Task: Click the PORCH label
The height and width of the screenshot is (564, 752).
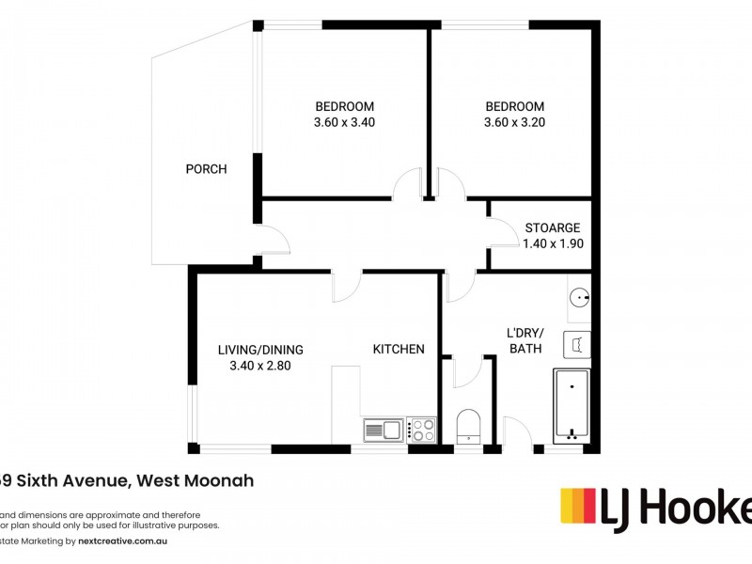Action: click(x=206, y=169)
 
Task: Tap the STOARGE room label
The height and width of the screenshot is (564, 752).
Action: click(x=552, y=227)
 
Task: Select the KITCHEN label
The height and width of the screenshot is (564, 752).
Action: click(x=399, y=349)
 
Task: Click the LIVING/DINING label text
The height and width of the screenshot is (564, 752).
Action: click(x=260, y=350)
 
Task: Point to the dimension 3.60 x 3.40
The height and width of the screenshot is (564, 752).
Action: click(x=345, y=122)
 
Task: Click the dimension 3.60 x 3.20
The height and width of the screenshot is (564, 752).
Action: click(x=514, y=122)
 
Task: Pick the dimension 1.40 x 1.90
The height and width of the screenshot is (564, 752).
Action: click(x=552, y=243)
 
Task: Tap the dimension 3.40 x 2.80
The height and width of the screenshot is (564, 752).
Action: click(x=260, y=367)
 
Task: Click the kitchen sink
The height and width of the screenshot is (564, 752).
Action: click(x=383, y=431)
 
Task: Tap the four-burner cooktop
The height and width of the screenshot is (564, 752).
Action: click(x=423, y=431)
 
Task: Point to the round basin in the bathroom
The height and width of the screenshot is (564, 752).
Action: click(x=579, y=300)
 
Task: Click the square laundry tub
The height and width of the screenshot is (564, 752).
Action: click(x=577, y=345)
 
